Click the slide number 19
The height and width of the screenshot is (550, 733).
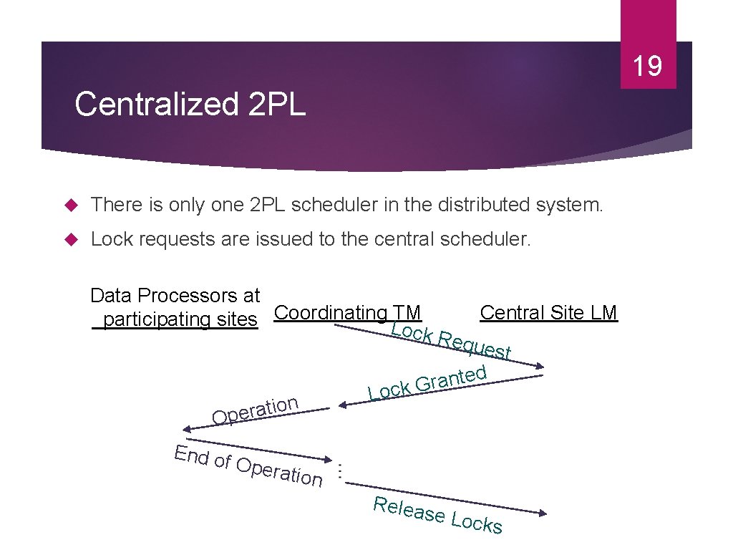pyautogui.click(x=647, y=67)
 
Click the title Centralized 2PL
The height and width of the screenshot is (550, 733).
pyautogui.click(x=190, y=104)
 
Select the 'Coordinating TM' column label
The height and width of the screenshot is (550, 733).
pyautogui.click(x=348, y=312)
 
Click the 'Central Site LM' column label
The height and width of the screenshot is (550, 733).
pyautogui.click(x=548, y=312)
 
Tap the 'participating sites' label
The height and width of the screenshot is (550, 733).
pyautogui.click(x=175, y=319)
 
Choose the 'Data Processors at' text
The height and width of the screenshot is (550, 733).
pyautogui.click(x=175, y=295)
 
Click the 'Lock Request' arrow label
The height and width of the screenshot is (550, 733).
pyautogui.click(x=451, y=340)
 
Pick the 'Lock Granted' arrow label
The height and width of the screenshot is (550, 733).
pyautogui.click(x=427, y=383)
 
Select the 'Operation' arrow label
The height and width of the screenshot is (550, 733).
pyautogui.click(x=255, y=410)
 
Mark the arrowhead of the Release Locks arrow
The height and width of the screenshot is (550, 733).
pyautogui.click(x=543, y=513)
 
